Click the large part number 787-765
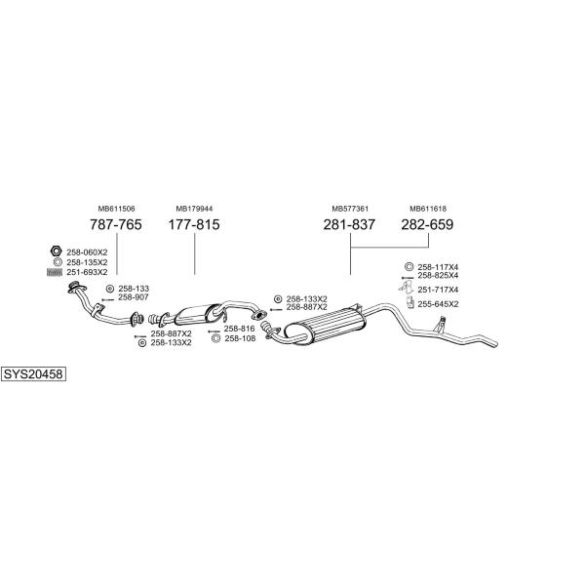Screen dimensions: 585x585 click(x=116, y=225)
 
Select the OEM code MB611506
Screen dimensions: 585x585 click(x=116, y=209)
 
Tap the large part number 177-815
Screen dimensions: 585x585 click(x=194, y=225)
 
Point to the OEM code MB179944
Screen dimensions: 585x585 click(x=194, y=209)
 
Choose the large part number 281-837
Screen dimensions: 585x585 click(x=349, y=225)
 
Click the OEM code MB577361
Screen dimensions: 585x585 click(x=349, y=209)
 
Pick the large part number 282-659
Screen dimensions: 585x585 click(x=427, y=225)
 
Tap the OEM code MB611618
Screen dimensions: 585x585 click(x=427, y=209)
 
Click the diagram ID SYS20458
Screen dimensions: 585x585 click(x=33, y=373)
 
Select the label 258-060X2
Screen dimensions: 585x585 click(x=87, y=253)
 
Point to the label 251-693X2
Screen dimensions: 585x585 click(x=87, y=271)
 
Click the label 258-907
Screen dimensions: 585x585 click(x=134, y=297)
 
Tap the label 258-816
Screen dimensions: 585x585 click(x=239, y=329)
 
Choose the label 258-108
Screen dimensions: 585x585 click(x=239, y=338)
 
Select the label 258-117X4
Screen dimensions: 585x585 click(x=438, y=267)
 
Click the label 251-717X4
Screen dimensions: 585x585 click(x=438, y=290)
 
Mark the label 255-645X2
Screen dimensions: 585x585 click(x=438, y=304)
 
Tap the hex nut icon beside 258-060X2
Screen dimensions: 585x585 click(x=57, y=252)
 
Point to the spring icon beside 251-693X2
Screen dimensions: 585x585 click(x=56, y=271)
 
